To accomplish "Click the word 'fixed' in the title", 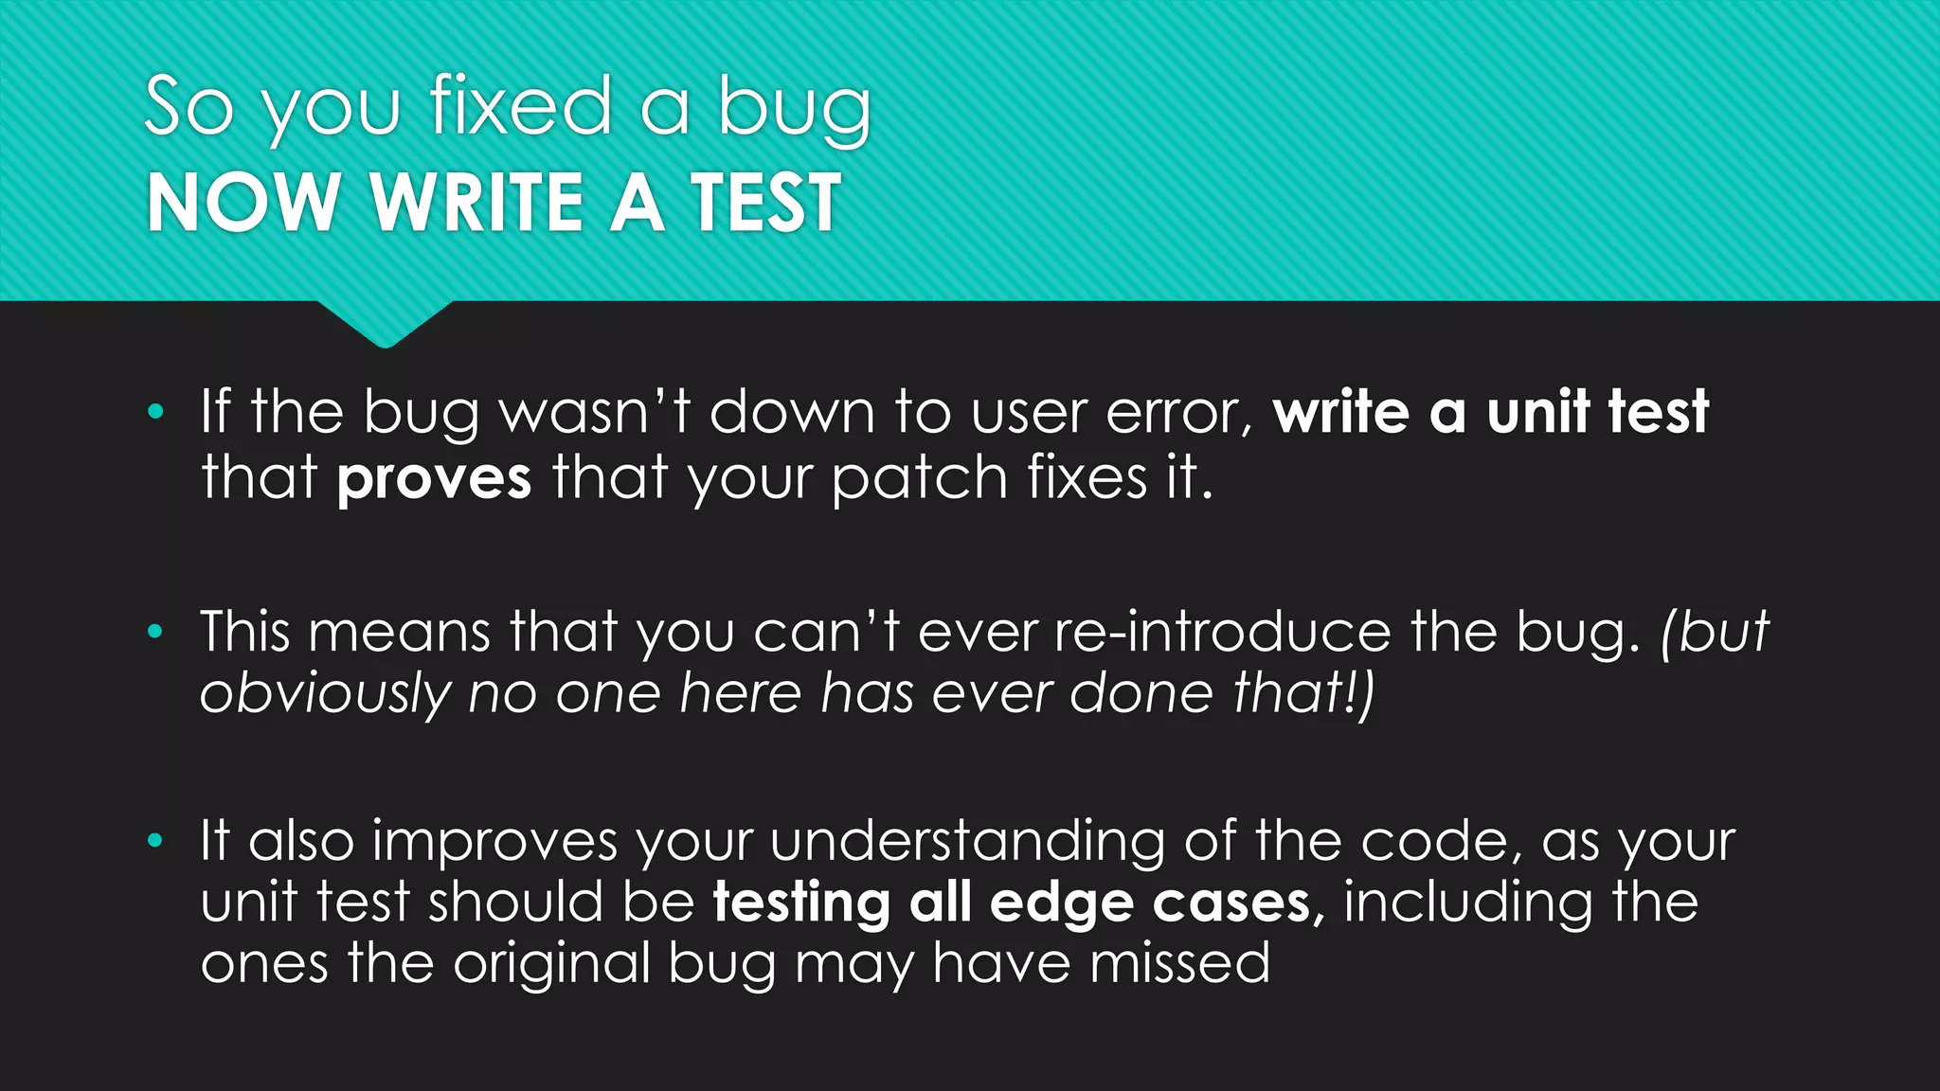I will coord(520,106).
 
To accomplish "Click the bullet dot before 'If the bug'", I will coord(156,412).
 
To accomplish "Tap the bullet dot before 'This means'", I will coord(156,632).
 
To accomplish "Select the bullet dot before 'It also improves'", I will coord(156,840).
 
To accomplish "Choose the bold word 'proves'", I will coord(434,478).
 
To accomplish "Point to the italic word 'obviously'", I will coord(325,694).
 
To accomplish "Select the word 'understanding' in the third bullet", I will coord(967,842).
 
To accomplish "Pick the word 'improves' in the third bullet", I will coord(494,842).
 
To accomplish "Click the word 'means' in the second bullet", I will coord(399,632).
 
